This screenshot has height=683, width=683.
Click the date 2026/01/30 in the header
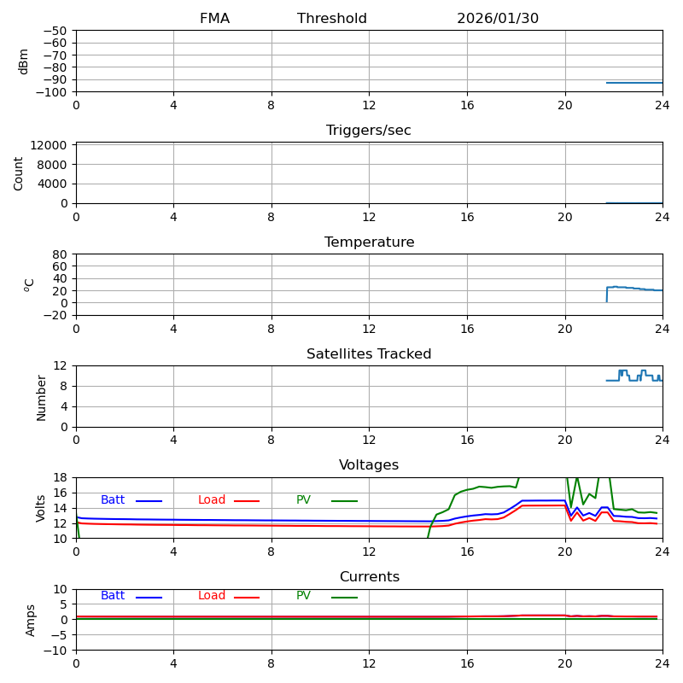coord(498,19)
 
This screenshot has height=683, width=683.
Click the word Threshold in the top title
coord(332,19)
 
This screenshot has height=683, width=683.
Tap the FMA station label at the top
coord(214,19)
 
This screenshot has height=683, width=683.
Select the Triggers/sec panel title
coord(369,131)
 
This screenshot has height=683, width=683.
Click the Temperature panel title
coord(369,242)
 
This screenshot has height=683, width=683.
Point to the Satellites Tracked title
coord(369,354)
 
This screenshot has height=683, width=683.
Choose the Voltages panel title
coord(369,465)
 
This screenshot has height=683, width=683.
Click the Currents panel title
coord(369,577)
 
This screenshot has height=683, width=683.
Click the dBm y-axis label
coord(24,61)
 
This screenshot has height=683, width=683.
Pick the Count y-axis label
coord(19,173)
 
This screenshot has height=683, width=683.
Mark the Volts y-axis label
coord(41,508)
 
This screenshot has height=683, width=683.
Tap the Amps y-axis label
coord(31,620)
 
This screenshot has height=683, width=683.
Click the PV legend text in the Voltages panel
coord(304,500)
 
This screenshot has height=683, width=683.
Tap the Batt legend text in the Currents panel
coord(113,596)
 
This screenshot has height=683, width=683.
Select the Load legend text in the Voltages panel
coord(212,500)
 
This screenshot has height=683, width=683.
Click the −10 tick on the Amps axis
coord(55,651)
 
